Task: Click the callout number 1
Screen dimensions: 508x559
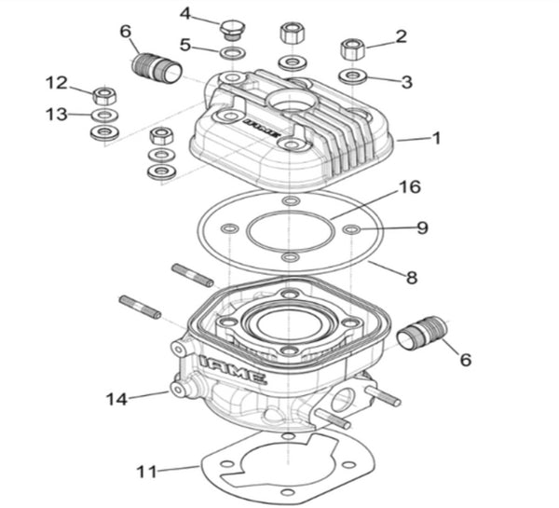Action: [x=435, y=137]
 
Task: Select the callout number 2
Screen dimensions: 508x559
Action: [x=401, y=37]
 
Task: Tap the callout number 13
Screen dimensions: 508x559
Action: [x=55, y=114]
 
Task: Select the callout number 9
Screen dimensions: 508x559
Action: [x=422, y=227]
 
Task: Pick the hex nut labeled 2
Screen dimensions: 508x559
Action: [x=352, y=47]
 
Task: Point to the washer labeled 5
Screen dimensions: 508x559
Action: [x=232, y=47]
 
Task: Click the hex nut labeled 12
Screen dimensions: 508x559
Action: [x=104, y=94]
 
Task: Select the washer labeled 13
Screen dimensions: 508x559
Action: [x=104, y=115]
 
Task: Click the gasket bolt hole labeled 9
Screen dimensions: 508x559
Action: [x=350, y=227]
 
